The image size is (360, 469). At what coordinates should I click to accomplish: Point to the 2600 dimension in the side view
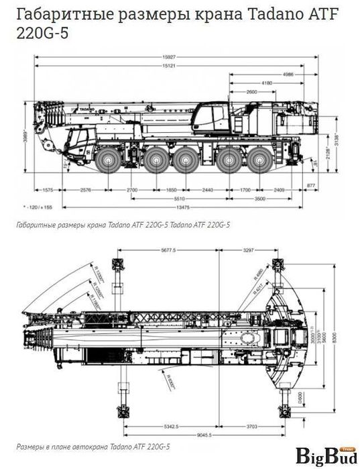[x=252, y=91]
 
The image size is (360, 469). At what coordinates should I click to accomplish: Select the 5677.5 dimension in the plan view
[x=168, y=249]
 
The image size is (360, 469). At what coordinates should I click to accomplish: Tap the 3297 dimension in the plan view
[x=249, y=249]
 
